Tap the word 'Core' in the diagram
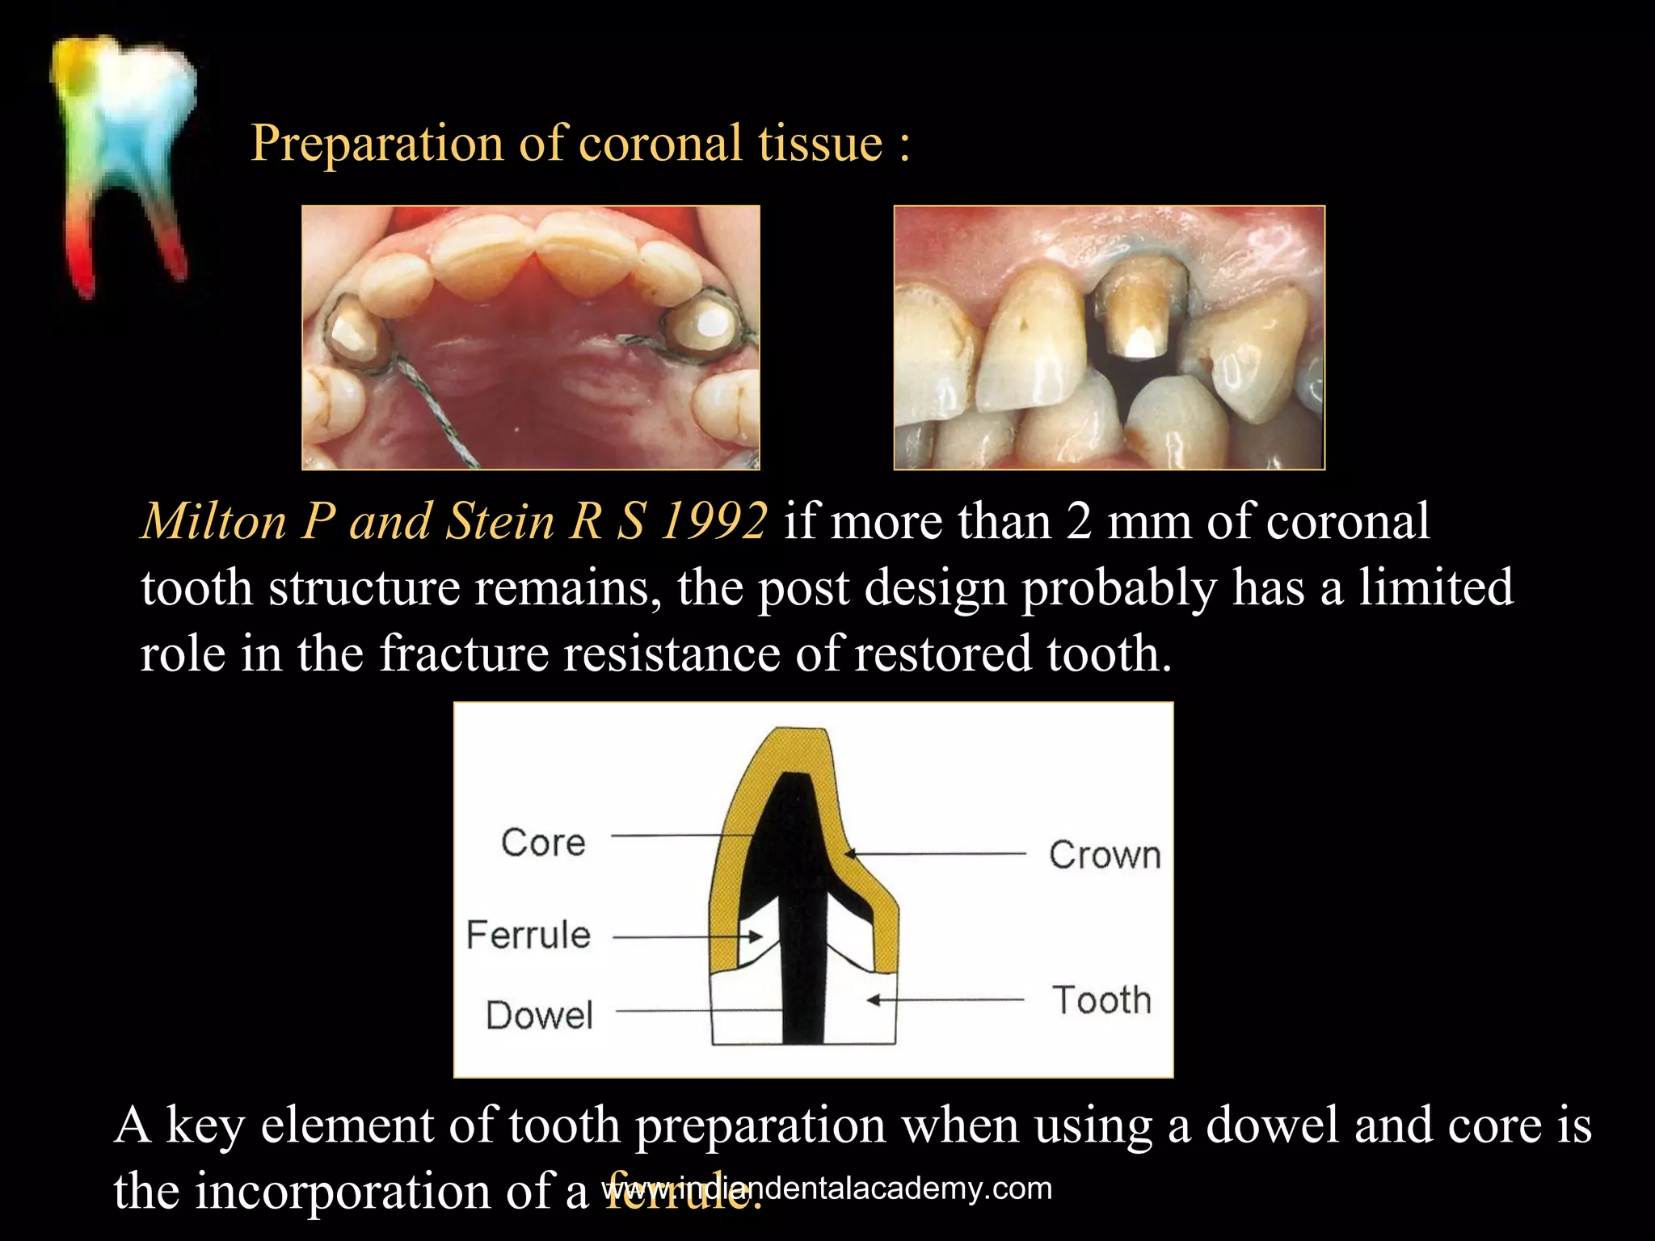pos(543,843)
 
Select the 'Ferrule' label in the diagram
pos(529,935)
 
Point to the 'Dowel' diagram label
pos(540,1016)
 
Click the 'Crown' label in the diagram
pos(1105,855)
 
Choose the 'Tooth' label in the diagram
pos(1101,1000)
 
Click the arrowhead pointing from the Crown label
pos(850,852)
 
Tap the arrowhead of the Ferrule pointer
pos(756,937)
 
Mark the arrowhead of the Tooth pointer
pos(873,1000)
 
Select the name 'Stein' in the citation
pos(499,521)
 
